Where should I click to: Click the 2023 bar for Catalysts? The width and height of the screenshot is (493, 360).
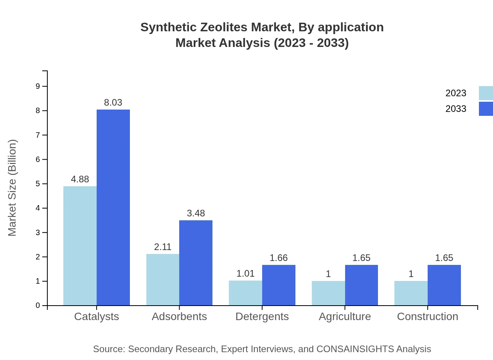click(80, 246)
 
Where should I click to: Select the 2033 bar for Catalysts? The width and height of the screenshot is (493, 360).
click(113, 207)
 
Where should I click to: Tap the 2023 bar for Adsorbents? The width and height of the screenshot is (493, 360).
click(163, 279)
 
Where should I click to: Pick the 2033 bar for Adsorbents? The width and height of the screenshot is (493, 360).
click(196, 263)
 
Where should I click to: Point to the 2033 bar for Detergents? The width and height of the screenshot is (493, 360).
click(279, 285)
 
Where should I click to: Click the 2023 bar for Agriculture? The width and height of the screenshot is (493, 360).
click(328, 293)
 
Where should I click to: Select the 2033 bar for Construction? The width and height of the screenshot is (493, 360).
click(444, 285)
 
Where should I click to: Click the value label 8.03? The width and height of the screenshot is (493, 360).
click(113, 103)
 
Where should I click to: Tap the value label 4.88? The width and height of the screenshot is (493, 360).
click(80, 179)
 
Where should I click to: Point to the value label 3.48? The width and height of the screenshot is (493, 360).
click(196, 213)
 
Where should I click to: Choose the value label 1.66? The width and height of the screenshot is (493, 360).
click(279, 258)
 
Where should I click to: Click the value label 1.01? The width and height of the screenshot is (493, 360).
click(245, 274)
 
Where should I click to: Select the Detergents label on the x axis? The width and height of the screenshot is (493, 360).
click(262, 317)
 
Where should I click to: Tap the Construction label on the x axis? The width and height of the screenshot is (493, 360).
click(427, 317)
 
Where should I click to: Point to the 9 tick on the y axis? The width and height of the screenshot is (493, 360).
click(38, 86)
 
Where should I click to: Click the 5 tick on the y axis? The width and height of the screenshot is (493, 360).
click(38, 184)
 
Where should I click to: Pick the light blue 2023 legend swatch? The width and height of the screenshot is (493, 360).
click(486, 93)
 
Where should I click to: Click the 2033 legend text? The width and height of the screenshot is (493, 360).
click(456, 109)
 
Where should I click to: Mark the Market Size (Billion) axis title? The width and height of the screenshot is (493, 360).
click(13, 188)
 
